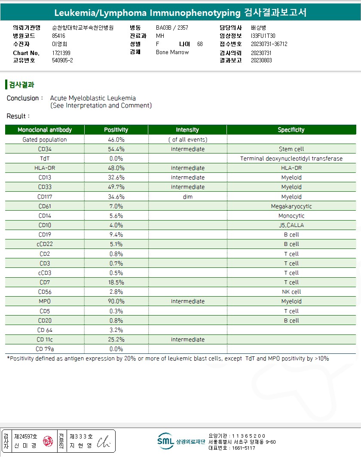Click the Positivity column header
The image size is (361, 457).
coord(116,130)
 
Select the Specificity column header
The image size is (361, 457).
coord(291,130)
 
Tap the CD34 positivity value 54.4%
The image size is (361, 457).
coord(116,149)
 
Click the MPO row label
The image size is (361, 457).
coord(45,301)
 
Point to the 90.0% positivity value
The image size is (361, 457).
coord(116,301)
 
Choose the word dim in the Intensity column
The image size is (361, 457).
coord(187,197)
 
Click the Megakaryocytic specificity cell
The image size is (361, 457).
coord(291,206)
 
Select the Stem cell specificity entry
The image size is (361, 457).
coord(291,149)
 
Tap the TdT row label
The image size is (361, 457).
coord(45,159)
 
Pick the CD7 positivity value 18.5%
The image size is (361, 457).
coord(116,282)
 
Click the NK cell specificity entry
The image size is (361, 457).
coord(291,292)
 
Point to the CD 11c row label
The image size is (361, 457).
coord(45,340)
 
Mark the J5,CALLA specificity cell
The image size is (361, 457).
coord(291,225)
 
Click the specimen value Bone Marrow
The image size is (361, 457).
coord(172,52)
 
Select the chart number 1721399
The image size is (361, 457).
coord(61,53)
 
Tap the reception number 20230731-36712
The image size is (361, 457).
coord(269,44)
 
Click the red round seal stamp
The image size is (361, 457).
coord(48,442)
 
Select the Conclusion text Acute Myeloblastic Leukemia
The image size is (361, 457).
coord(93,98)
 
